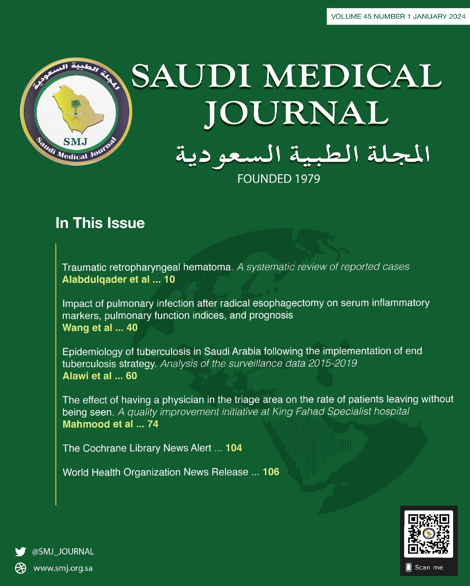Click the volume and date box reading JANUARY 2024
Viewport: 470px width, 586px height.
pyautogui.click(x=398, y=17)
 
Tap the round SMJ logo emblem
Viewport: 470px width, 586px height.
pyautogui.click(x=76, y=111)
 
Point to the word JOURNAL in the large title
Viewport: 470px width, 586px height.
pyautogui.click(x=296, y=113)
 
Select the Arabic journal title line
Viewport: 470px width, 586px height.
pyautogui.click(x=303, y=154)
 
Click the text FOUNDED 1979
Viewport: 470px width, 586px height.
pyautogui.click(x=278, y=179)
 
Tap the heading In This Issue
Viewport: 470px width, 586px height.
pyautogui.click(x=100, y=223)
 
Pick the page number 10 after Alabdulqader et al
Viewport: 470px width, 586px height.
pyautogui.click(x=169, y=279)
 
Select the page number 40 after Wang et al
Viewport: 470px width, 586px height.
pyautogui.click(x=132, y=327)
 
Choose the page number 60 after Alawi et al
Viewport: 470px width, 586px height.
pyautogui.click(x=131, y=376)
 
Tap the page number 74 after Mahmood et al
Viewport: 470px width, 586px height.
pyautogui.click(x=153, y=424)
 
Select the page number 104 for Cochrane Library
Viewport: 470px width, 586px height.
pyautogui.click(x=234, y=448)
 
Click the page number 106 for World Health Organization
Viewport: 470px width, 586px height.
pyautogui.click(x=271, y=472)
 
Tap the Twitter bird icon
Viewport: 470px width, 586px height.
pyautogui.click(x=20, y=552)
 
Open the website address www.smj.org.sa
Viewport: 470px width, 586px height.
pyautogui.click(x=63, y=568)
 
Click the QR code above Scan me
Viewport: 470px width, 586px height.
pyautogui.click(x=428, y=534)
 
